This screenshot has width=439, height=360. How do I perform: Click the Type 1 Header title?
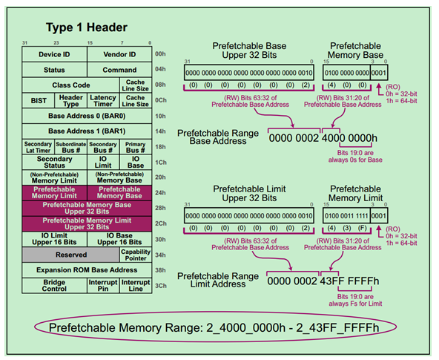(x=88, y=27)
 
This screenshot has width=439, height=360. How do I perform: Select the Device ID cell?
(x=54, y=54)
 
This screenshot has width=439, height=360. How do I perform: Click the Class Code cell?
(x=70, y=85)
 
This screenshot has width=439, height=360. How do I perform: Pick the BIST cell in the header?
(x=39, y=99)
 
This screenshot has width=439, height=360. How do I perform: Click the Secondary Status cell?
(x=54, y=162)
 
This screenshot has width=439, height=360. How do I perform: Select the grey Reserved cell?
(x=70, y=255)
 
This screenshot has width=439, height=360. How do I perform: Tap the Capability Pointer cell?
(x=135, y=255)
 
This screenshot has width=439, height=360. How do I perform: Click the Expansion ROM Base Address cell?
(x=87, y=270)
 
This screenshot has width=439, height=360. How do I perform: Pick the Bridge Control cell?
(x=54, y=286)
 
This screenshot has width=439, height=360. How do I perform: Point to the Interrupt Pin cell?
(x=103, y=286)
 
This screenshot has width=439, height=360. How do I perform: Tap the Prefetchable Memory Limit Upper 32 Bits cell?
(x=87, y=223)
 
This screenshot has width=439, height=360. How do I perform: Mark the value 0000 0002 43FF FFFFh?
(x=323, y=281)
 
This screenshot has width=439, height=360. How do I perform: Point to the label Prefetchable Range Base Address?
(x=217, y=137)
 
